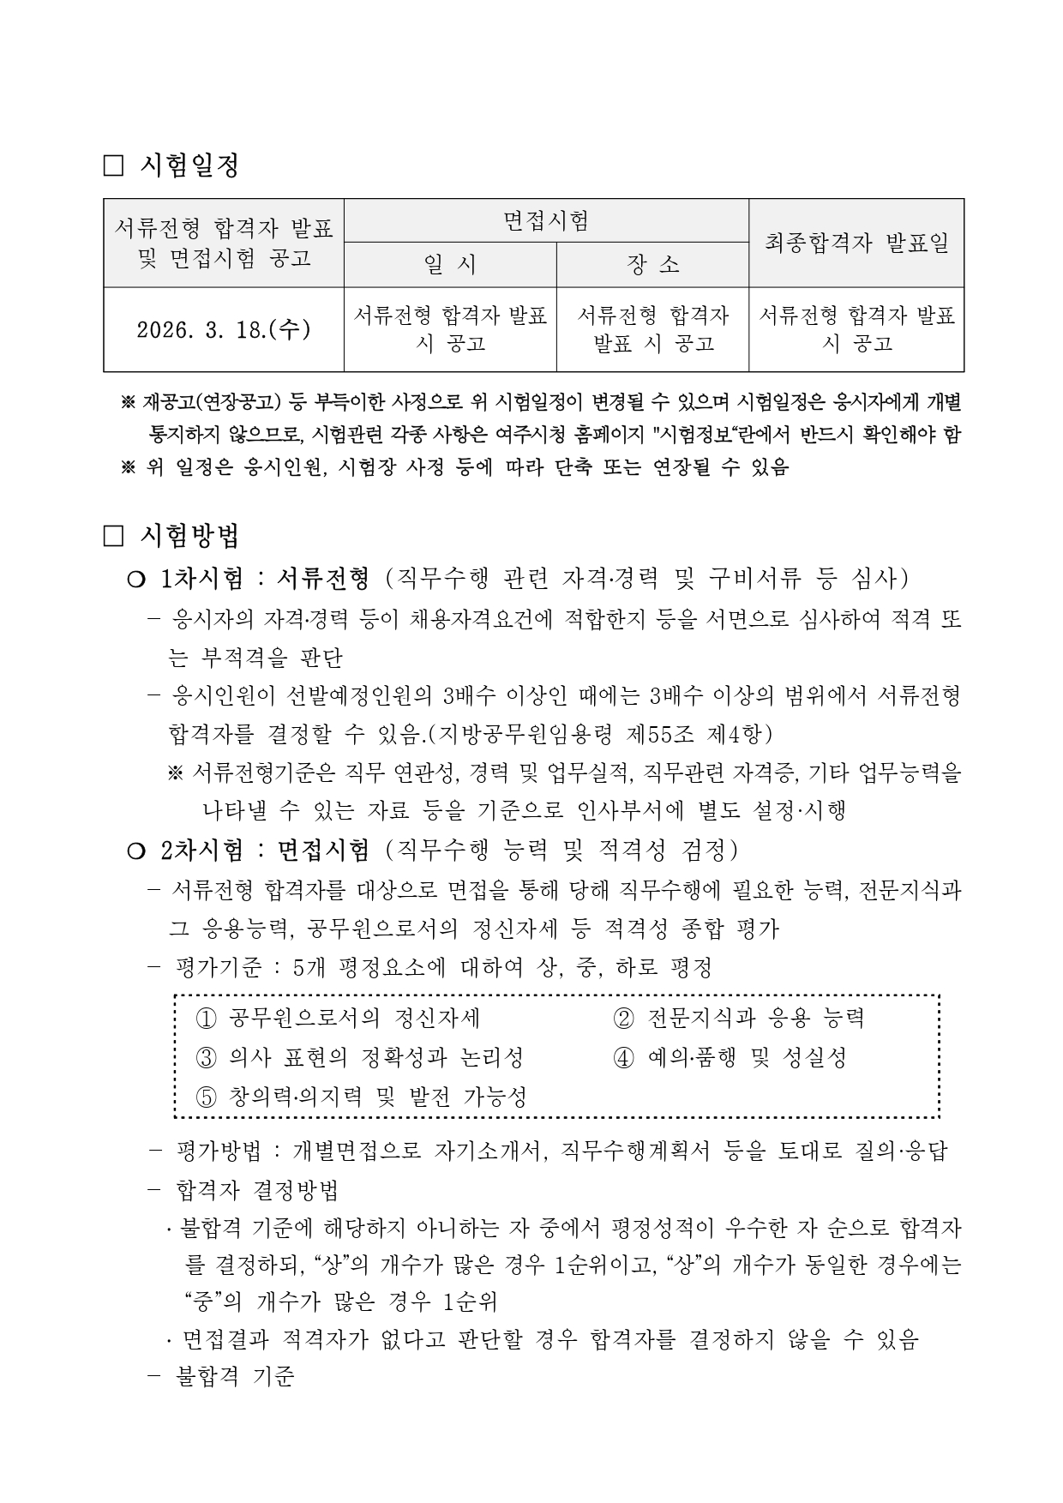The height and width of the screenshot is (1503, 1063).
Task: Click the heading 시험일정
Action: (189, 165)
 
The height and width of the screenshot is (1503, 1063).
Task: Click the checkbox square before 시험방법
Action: (113, 536)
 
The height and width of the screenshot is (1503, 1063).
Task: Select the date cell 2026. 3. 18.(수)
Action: (223, 330)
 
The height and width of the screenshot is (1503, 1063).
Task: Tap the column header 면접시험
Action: (546, 221)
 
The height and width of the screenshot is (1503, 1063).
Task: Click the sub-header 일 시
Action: (450, 265)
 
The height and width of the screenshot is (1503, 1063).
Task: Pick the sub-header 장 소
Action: (652, 265)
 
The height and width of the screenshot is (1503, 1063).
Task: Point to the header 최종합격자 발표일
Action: (856, 243)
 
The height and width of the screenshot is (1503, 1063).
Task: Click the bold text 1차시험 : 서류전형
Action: (264, 579)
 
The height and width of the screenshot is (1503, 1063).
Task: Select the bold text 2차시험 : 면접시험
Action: (264, 850)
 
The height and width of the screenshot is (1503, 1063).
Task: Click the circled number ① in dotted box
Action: (206, 1019)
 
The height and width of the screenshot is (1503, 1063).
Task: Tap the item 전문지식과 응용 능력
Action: (755, 1018)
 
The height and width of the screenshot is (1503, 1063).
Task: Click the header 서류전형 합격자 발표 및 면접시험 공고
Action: (224, 243)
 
